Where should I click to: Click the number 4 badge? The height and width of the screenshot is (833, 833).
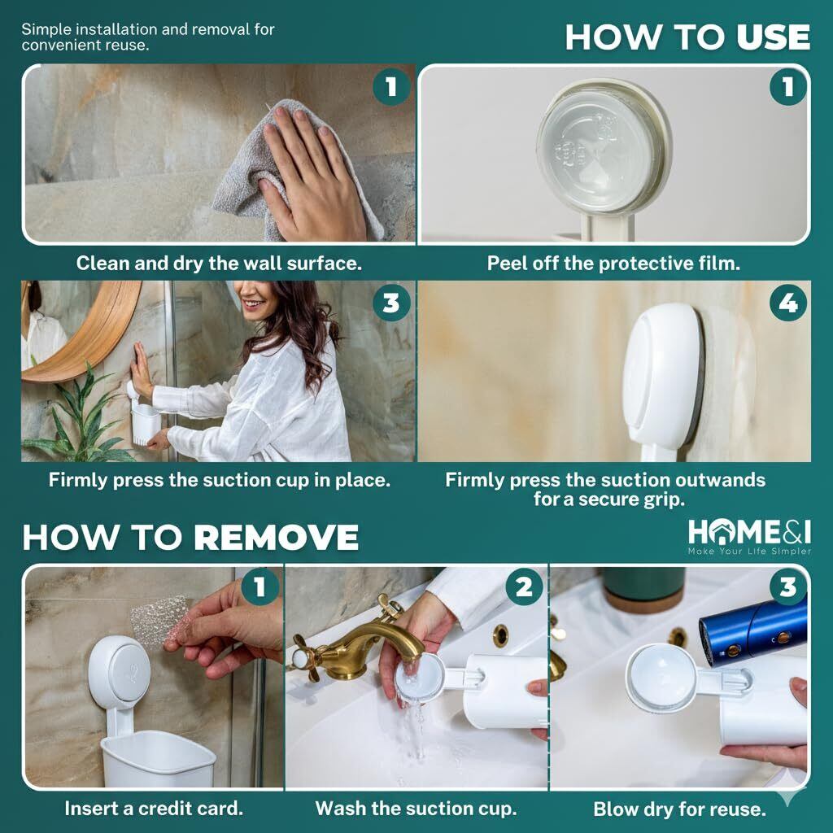pyautogui.click(x=787, y=303)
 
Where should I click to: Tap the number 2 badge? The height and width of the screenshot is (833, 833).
pyautogui.click(x=524, y=587)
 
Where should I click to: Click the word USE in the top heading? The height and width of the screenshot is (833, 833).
pyautogui.click(x=773, y=37)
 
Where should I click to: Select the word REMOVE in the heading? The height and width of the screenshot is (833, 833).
pyautogui.click(x=276, y=537)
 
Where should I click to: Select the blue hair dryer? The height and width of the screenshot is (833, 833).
pyautogui.click(x=754, y=630)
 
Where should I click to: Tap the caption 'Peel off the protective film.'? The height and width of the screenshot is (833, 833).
pyautogui.click(x=613, y=263)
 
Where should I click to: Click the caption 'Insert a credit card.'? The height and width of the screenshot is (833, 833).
pyautogui.click(x=154, y=808)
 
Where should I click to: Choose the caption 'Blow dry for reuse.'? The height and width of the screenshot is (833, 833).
pyautogui.click(x=679, y=809)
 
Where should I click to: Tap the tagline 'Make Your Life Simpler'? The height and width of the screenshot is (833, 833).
pyautogui.click(x=749, y=552)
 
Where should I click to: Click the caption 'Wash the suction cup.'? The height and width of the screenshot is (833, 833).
pyautogui.click(x=416, y=808)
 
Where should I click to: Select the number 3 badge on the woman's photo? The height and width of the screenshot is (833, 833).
pyautogui.click(x=391, y=303)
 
